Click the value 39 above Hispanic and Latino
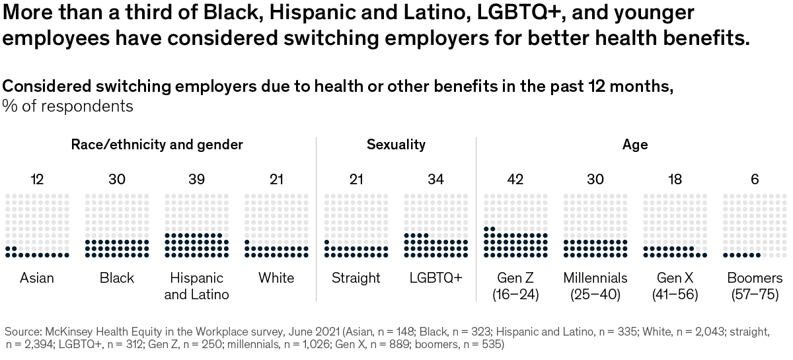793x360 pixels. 196,179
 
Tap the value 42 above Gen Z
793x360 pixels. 515,179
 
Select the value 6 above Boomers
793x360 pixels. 755,179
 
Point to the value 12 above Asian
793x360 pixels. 37,179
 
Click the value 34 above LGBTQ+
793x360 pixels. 435,179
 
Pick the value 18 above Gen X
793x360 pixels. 675,179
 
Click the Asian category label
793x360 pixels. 37,278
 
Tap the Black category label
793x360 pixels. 117,278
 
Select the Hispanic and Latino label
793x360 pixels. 196,286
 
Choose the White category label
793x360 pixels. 276,278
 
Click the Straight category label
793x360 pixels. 356,278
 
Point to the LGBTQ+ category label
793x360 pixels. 435,278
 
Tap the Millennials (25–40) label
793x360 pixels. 595,286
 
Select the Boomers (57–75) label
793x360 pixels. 755,286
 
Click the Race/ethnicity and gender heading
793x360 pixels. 157,145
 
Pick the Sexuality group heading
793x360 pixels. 396,145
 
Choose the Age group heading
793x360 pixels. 635,145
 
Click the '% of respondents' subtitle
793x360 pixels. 68,106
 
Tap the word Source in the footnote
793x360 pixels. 22,331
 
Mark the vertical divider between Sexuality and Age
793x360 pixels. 476,218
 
